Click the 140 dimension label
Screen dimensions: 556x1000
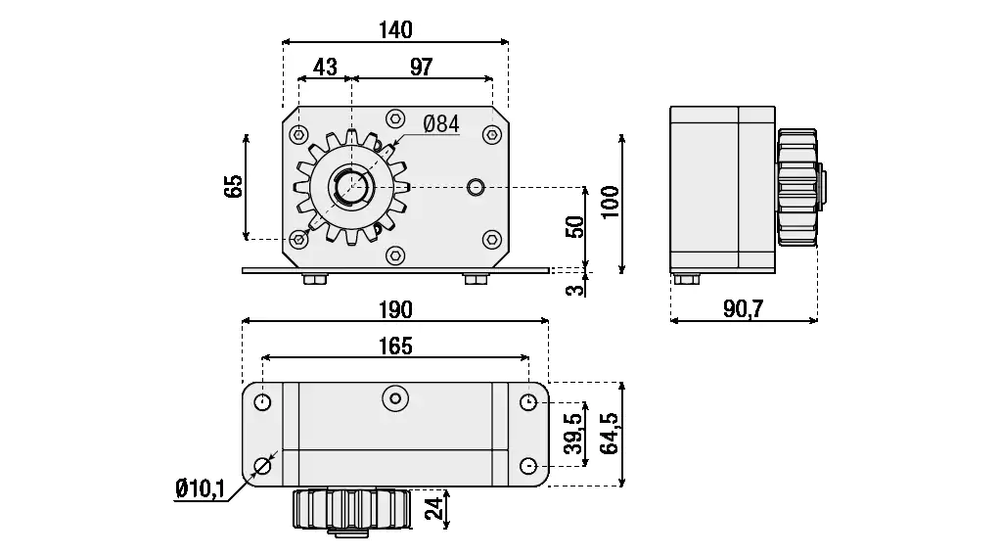click(x=394, y=29)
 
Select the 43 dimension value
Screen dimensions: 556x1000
click(x=324, y=67)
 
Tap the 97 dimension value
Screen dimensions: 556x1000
click(x=421, y=67)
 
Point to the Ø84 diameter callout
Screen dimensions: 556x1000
click(x=441, y=123)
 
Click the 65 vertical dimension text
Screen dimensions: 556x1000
click(x=233, y=186)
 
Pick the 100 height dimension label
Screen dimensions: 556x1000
click(x=611, y=204)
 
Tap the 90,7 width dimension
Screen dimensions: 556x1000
click(x=744, y=308)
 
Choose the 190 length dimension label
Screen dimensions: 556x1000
click(x=394, y=308)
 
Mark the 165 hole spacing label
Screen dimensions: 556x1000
click(x=394, y=346)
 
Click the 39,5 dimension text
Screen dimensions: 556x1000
click(x=575, y=433)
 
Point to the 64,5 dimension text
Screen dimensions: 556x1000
click(x=611, y=433)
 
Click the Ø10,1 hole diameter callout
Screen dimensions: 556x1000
click(x=200, y=486)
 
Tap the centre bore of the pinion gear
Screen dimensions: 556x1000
click(x=348, y=185)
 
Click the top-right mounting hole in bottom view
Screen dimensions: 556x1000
click(x=528, y=402)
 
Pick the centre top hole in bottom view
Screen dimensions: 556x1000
click(x=394, y=397)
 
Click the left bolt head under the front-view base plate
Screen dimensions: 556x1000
click(x=314, y=280)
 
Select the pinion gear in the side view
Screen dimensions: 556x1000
click(x=796, y=188)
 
